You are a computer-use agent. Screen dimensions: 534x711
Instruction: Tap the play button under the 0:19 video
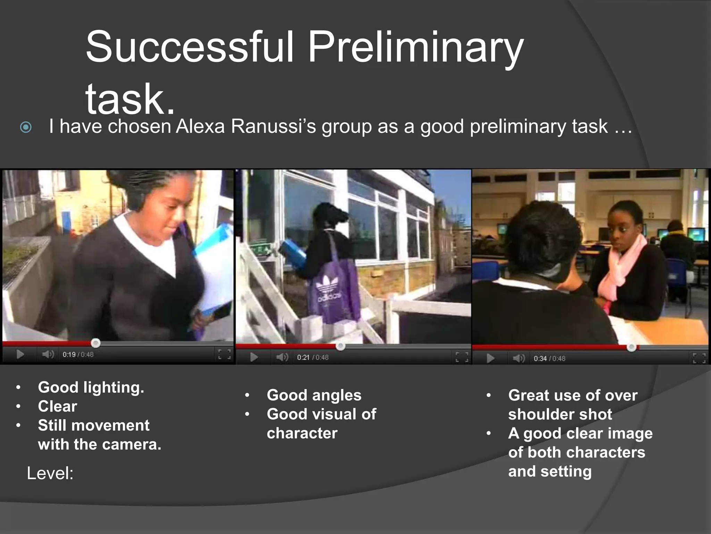coord(20,354)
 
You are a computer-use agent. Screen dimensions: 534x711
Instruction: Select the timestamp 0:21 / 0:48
coord(312,357)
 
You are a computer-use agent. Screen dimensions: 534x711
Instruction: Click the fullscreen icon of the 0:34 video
coord(699,358)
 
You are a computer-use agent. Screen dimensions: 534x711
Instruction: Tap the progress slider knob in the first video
coord(95,343)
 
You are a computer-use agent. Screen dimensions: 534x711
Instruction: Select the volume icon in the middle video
coord(282,357)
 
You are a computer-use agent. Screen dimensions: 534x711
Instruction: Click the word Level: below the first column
coord(50,474)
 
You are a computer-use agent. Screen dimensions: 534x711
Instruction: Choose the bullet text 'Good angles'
coord(314,395)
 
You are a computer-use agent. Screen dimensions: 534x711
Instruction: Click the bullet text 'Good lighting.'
coord(91,387)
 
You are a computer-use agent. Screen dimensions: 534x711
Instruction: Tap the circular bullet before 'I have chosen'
coord(26,128)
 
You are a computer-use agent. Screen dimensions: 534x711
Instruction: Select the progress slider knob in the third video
coord(631,347)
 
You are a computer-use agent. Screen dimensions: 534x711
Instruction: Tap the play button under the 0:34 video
coord(491,358)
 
